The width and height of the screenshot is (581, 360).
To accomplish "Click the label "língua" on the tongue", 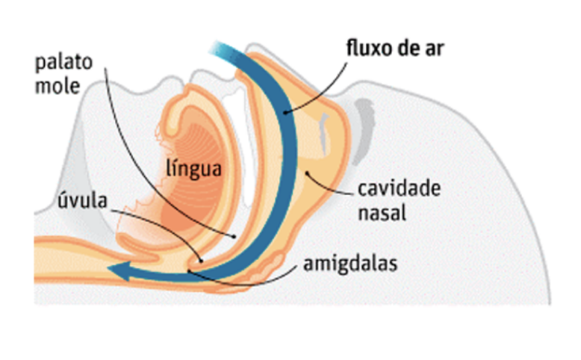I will tap(193, 167).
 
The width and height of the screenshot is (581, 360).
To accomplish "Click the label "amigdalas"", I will tap(346, 264).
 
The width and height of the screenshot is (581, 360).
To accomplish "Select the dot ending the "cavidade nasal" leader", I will tap(304, 174).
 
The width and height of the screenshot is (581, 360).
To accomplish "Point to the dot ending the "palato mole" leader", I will tap(235, 236).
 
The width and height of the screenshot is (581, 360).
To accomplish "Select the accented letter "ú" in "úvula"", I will tap(62, 202).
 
